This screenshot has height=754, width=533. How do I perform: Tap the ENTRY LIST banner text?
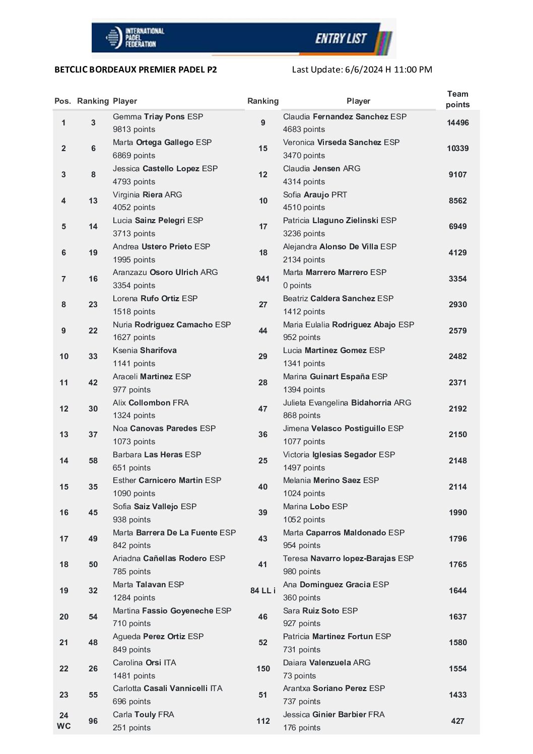341,39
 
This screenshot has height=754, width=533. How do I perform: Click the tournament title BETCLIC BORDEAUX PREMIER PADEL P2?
136,70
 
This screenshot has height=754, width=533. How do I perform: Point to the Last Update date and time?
362,70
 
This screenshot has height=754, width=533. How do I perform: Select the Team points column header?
457,99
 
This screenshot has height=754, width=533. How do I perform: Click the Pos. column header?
62,101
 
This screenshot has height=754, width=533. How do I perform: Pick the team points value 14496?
457,122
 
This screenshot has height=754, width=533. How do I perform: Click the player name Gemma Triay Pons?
158,116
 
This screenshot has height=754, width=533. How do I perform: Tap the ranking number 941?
263,279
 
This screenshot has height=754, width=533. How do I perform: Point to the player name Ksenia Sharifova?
145,350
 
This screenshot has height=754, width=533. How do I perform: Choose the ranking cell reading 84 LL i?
263,590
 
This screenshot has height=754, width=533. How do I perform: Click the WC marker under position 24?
64,726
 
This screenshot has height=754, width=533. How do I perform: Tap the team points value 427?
457,721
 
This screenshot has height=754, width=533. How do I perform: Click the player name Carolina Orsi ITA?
145,662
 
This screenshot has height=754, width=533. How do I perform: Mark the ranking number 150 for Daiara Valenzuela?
263,668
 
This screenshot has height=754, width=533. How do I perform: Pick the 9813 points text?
134,129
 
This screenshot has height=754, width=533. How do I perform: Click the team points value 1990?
457,512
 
